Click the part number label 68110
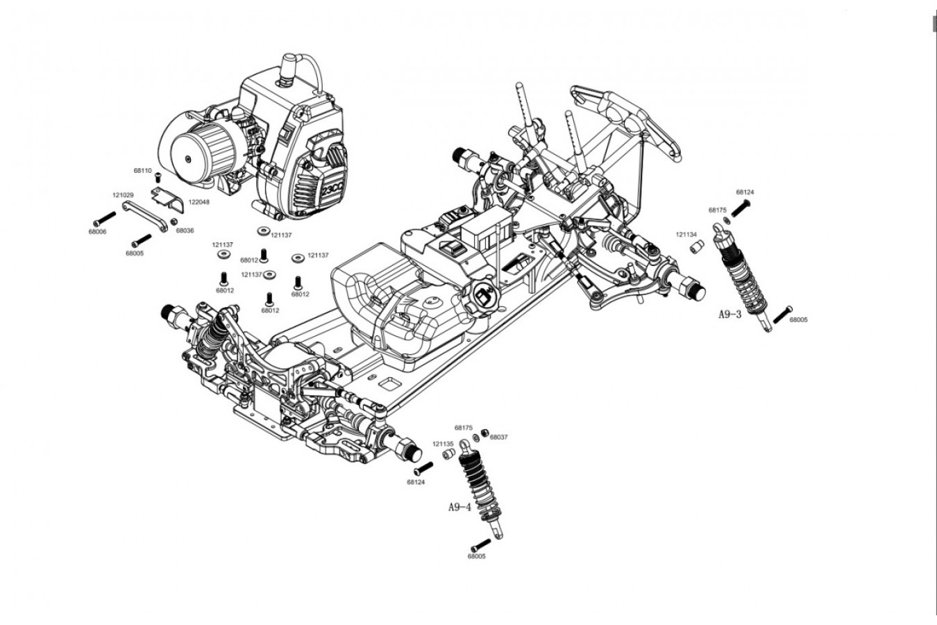142,170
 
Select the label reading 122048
199,201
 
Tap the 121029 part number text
123,195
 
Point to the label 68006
98,231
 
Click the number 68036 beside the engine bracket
185,231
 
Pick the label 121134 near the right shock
686,234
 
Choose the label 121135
443,443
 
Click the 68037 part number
499,437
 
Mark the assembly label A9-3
729,314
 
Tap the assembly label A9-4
459,507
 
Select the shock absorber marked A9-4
482,490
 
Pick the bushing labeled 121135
450,454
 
